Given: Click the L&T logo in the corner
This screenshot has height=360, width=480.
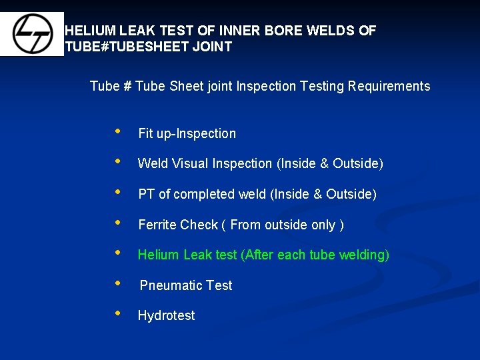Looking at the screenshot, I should [x=31, y=34].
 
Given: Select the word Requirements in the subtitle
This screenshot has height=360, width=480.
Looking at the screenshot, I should [x=389, y=86].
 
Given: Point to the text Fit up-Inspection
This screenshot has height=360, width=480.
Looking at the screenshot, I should [x=187, y=133].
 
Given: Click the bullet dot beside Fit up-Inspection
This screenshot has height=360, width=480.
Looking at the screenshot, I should [x=118, y=131].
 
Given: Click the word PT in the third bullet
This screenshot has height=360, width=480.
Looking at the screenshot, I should [x=147, y=194].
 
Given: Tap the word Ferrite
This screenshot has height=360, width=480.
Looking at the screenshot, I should [x=157, y=225].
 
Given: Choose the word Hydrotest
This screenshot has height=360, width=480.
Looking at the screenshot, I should [x=166, y=315].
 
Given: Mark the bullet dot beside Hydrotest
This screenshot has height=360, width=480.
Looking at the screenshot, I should [x=118, y=313].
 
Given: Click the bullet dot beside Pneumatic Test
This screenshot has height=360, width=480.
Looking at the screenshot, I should [x=118, y=283].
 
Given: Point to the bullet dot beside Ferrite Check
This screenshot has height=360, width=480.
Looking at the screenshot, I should [x=118, y=222].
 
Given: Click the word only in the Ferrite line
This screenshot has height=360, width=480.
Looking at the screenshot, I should [x=323, y=225].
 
